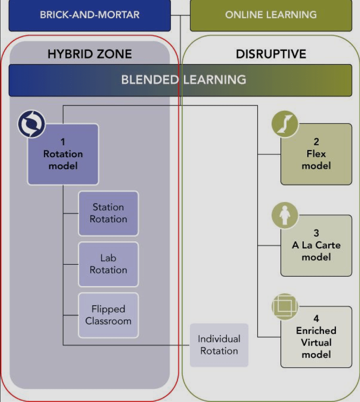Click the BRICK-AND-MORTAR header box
pos(90,15)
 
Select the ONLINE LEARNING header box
pos(271,15)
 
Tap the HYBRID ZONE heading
pos(90,54)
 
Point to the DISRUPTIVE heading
pos(271,54)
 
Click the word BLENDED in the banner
pos(150,79)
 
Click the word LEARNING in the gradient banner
pos(215,79)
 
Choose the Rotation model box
pos(63,154)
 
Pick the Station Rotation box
pos(108,214)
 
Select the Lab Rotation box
pos(108,264)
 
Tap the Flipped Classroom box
pos(108,315)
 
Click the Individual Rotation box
pos(219,345)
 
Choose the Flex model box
pos(316,154)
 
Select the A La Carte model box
pos(316,245)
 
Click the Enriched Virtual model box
pos(316,337)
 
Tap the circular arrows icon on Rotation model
pos(31,124)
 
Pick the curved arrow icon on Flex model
pos(285,124)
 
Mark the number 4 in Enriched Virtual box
pos(316,318)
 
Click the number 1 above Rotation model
pos(63,142)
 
